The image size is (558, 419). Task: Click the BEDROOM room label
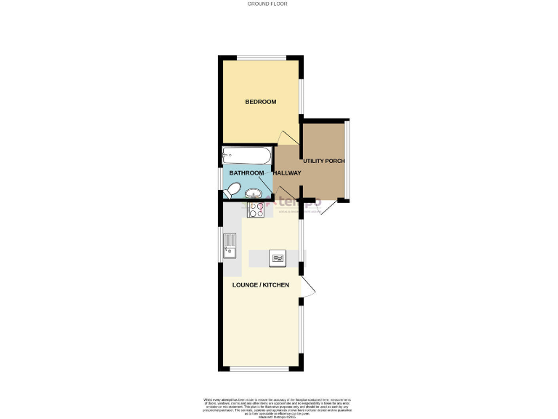tap(260, 102)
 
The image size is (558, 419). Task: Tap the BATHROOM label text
tap(246, 172)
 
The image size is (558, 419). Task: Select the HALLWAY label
tap(287, 172)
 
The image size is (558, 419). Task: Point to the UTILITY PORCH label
tap(324, 161)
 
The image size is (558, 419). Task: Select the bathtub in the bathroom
tap(247, 155)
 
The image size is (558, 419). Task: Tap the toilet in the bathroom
tap(232, 191)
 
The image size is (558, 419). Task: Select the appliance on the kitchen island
tap(278, 258)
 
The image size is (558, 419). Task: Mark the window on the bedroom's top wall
tap(262, 57)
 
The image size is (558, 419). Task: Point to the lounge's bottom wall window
tap(262, 369)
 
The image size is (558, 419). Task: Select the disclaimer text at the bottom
tap(278, 404)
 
